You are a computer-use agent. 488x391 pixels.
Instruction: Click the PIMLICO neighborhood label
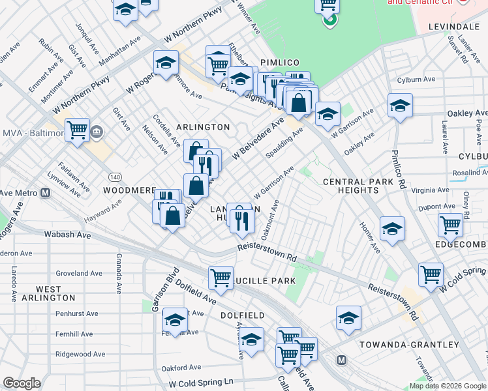click(x=279, y=62)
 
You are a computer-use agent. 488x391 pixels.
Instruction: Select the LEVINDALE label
click(x=454, y=27)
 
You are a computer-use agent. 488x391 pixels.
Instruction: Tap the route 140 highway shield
click(x=115, y=177)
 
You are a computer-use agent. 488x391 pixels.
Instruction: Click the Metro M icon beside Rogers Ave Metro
click(x=46, y=192)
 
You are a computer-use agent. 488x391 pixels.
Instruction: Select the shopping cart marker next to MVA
click(x=77, y=129)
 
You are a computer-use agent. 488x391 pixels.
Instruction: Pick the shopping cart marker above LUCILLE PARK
click(x=221, y=277)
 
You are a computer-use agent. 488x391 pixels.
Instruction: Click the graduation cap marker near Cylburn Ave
click(x=400, y=105)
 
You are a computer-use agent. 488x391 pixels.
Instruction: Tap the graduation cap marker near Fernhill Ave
click(x=175, y=319)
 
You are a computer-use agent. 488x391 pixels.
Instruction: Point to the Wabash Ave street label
click(x=67, y=234)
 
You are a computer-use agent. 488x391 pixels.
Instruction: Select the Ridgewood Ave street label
click(x=80, y=354)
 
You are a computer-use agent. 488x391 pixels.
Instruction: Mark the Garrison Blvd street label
click(x=157, y=289)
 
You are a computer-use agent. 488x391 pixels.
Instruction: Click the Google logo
click(x=22, y=383)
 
